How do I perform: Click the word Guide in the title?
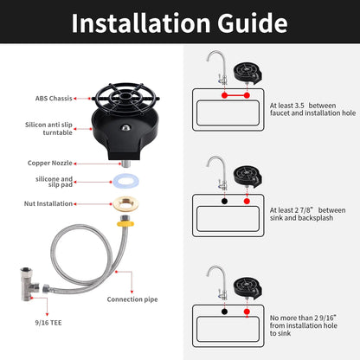point(253,23)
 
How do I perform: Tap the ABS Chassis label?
point(54,99)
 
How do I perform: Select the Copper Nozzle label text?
point(50,163)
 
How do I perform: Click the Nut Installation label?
point(48,203)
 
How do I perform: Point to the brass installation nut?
point(125,203)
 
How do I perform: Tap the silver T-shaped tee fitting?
point(29,285)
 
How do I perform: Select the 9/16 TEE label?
point(48,323)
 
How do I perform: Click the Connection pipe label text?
point(132,299)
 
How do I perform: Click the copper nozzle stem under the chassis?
point(125,164)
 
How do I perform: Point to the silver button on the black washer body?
point(125,127)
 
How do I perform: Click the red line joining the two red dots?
point(235,95)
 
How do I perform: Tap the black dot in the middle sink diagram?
point(224,201)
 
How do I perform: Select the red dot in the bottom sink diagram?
point(247,312)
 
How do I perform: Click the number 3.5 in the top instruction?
point(299,106)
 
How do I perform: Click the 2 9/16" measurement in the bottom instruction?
point(324,318)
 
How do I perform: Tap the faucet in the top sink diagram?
point(218,67)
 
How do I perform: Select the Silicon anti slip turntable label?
point(48,129)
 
